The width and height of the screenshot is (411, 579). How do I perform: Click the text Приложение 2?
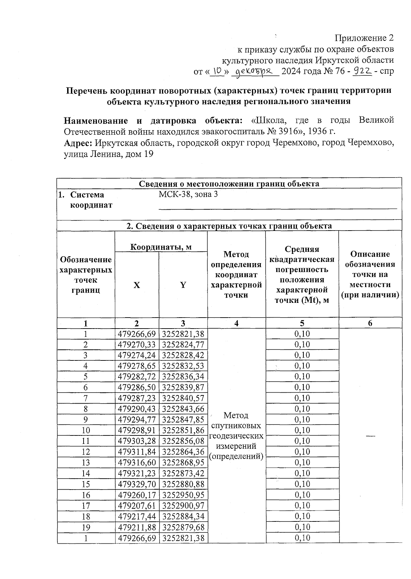pyautogui.click(x=364, y=38)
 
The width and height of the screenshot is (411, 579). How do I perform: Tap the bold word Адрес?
pyautogui.click(x=78, y=143)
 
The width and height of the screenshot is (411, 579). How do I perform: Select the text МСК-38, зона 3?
pyautogui.click(x=188, y=194)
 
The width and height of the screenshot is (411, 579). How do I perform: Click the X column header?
pyautogui.click(x=137, y=285)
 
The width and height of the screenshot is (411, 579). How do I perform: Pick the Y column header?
pyautogui.click(x=183, y=285)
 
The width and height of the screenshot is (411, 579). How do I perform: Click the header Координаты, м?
pyautogui.click(x=161, y=247)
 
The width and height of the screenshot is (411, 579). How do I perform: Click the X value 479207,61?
pyautogui.click(x=137, y=506)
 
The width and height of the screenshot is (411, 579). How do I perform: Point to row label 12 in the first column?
pyautogui.click(x=86, y=452)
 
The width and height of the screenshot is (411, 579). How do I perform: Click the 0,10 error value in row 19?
pyautogui.click(x=302, y=527)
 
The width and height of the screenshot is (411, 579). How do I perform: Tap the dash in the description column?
pyautogui.click(x=370, y=435)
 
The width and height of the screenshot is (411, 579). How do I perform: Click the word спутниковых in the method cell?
pyautogui.click(x=236, y=426)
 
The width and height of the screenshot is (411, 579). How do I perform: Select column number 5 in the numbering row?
pyautogui.click(x=302, y=323)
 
